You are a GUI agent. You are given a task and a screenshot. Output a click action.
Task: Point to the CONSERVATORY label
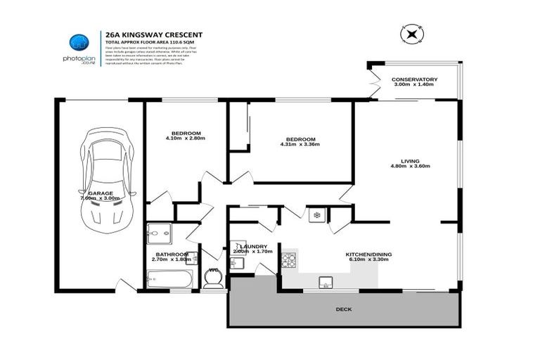point(414,79)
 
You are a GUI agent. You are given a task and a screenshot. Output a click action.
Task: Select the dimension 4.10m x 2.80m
point(185,139)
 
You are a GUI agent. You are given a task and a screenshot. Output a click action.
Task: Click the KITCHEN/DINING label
point(368,254)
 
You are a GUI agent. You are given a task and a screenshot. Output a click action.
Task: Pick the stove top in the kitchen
point(289,262)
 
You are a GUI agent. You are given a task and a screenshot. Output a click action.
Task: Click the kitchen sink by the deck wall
point(326,283)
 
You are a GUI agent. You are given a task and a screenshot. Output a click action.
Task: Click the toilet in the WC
point(213,279)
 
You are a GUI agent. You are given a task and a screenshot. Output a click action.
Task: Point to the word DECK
point(344,309)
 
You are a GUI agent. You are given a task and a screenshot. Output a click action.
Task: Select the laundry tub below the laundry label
point(237,264)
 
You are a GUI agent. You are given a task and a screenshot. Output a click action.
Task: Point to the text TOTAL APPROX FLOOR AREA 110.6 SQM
point(149,42)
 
